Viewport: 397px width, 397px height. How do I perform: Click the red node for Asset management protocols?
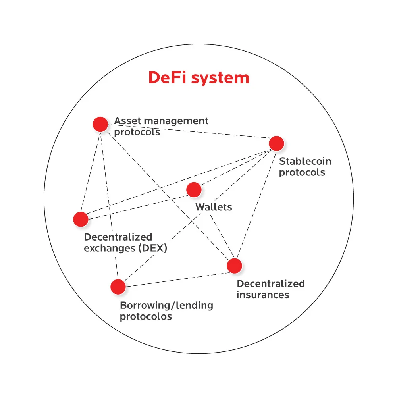pyautogui.click(x=100, y=124)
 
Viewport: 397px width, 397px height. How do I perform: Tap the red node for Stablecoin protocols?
pyautogui.click(x=276, y=143)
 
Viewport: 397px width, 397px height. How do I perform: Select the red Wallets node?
pyautogui.click(x=194, y=190)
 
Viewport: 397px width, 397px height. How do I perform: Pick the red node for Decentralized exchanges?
pyautogui.click(x=81, y=219)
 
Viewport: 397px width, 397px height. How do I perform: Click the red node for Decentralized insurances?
pyautogui.click(x=235, y=266)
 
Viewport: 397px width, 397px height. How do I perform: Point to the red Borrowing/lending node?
pyautogui.click(x=118, y=287)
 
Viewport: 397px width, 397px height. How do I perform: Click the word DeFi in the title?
pyautogui.click(x=168, y=77)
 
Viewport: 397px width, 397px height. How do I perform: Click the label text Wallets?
pyautogui.click(x=214, y=207)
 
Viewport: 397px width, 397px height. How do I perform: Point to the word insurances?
pyautogui.click(x=263, y=295)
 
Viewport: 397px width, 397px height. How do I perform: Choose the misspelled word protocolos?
pyautogui.click(x=146, y=317)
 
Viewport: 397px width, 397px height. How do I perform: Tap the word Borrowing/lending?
pyautogui.click(x=166, y=306)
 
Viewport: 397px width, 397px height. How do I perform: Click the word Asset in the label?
pyautogui.click(x=126, y=121)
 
